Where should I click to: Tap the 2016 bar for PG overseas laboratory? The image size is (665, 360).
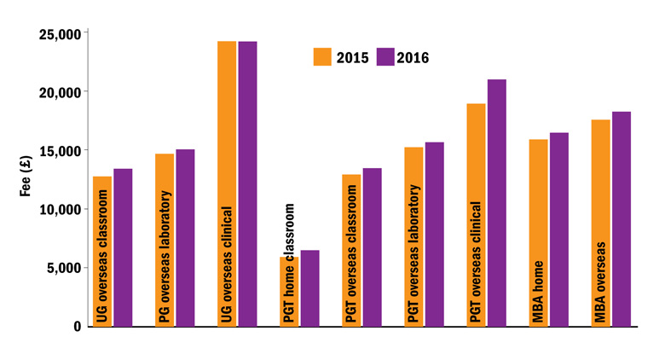pyautogui.click(x=185, y=238)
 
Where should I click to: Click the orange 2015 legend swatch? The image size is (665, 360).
pyautogui.click(x=323, y=57)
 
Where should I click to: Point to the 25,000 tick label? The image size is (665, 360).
pyautogui.click(x=60, y=33)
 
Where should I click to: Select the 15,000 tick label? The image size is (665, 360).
pyautogui.click(x=60, y=151)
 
